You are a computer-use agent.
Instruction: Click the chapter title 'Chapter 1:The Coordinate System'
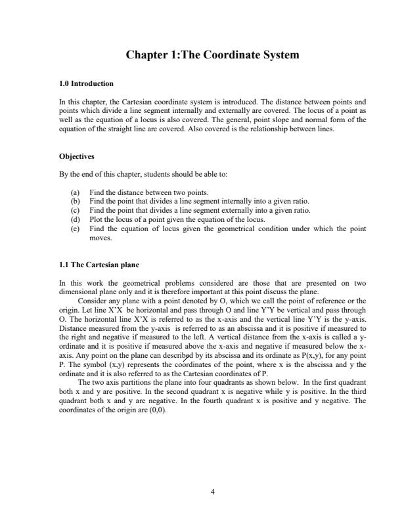pyautogui.click(x=213, y=55)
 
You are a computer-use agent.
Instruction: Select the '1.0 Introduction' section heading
pyautogui.click(x=86, y=84)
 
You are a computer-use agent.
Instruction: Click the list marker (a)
pyautogui.click(x=74, y=192)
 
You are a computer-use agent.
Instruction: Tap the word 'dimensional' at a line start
pyautogui.click(x=76, y=293)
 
